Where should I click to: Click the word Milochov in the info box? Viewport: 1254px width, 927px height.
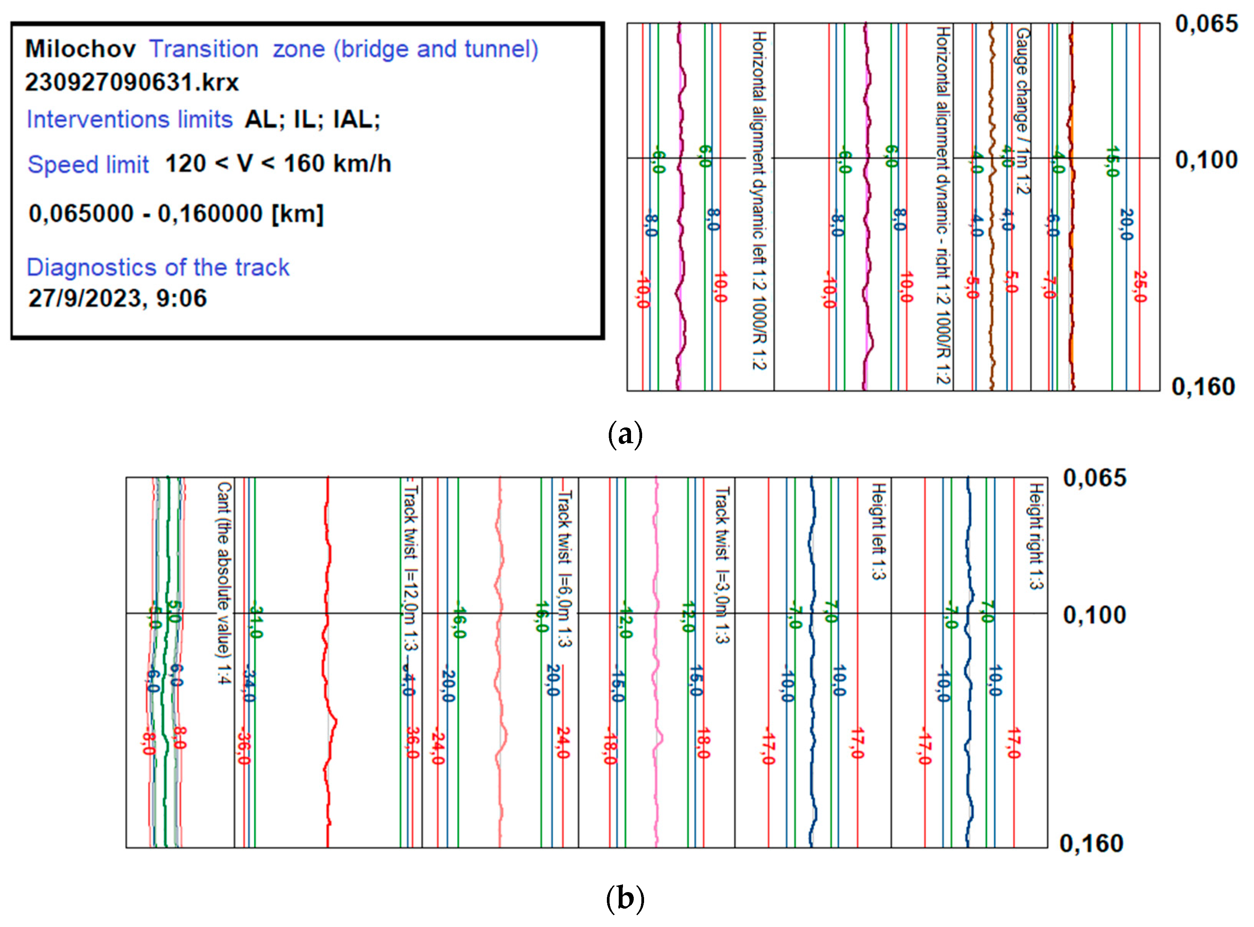click(80, 49)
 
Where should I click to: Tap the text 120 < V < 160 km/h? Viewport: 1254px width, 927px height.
click(278, 164)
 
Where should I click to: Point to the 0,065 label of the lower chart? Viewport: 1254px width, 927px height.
click(1095, 478)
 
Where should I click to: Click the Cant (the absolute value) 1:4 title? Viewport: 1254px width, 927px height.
click(223, 583)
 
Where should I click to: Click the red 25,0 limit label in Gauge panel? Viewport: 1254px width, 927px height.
click(1139, 287)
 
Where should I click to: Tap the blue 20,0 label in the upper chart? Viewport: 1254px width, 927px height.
click(1126, 224)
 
